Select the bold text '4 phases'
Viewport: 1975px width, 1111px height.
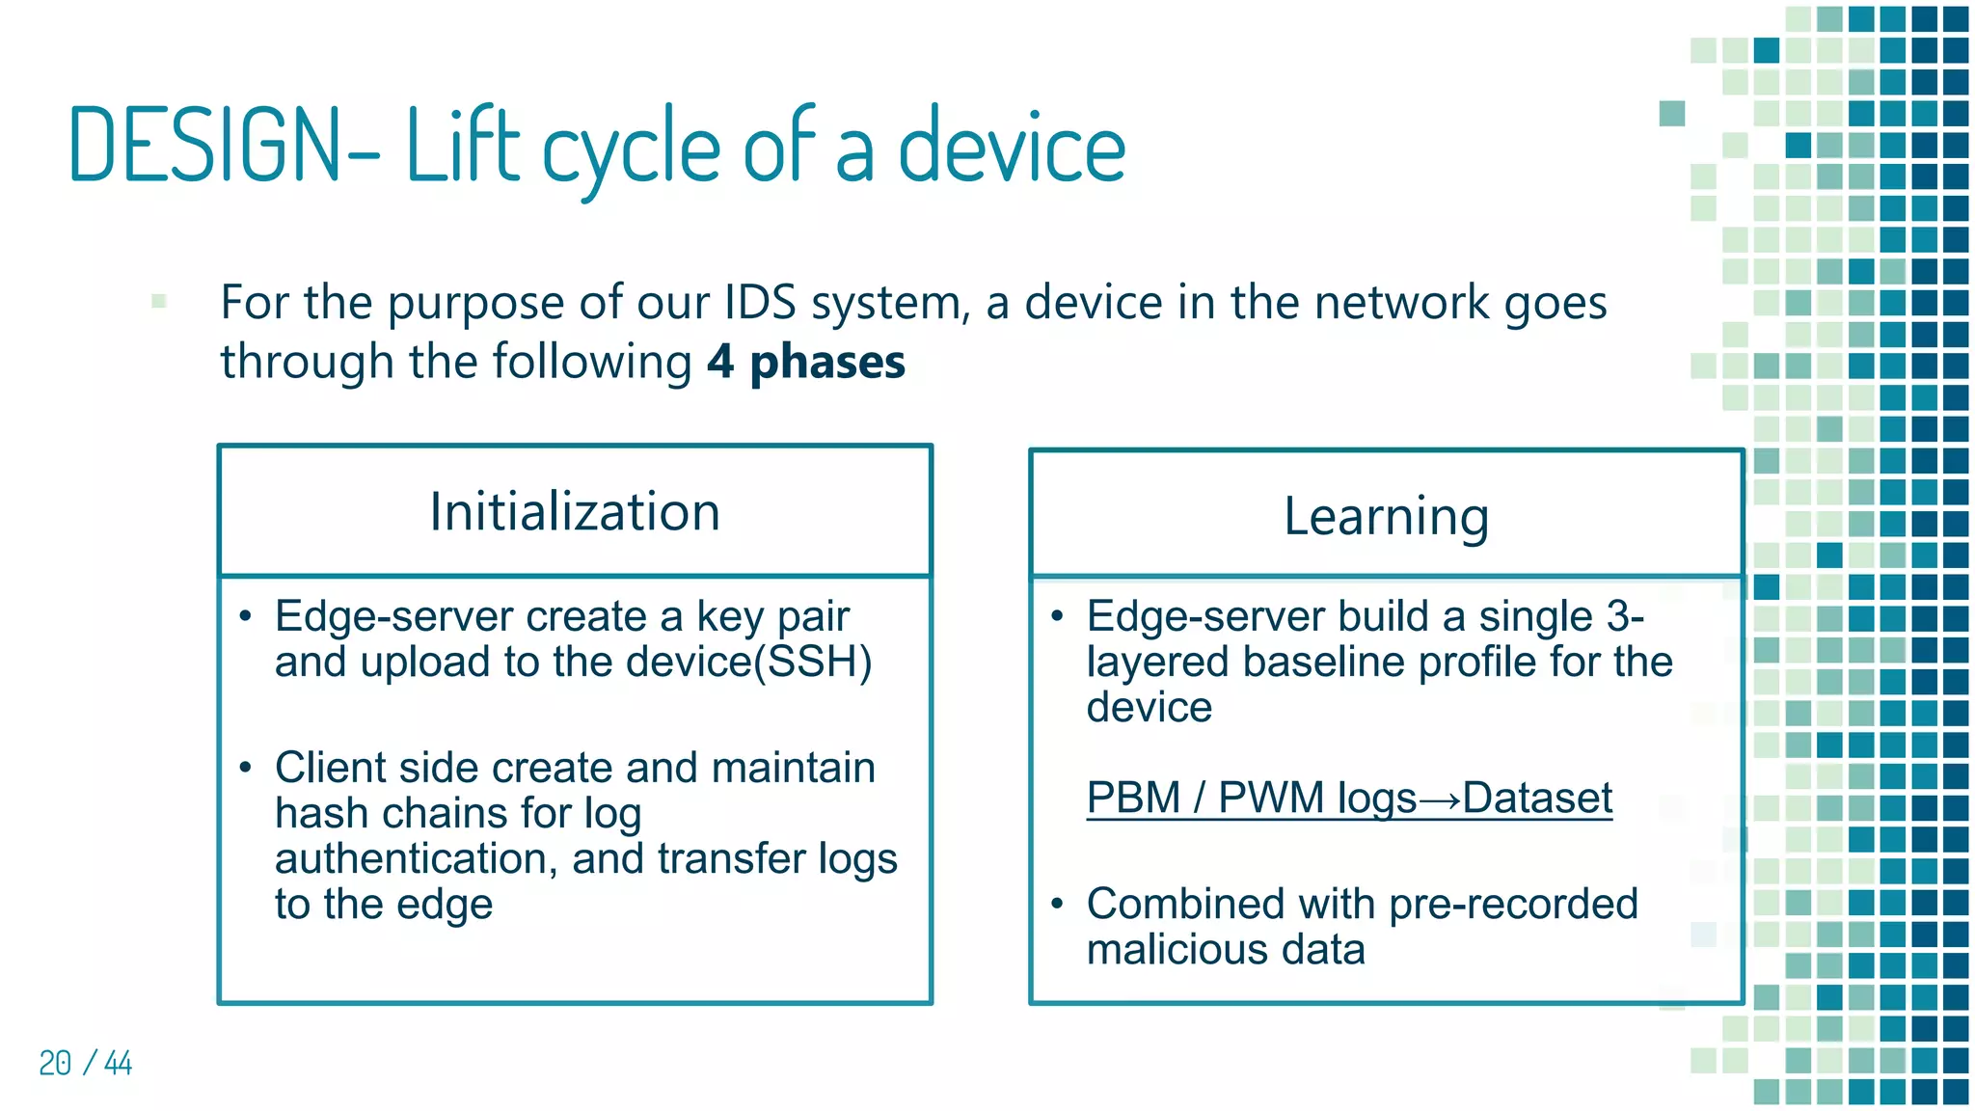pyautogui.click(x=806, y=363)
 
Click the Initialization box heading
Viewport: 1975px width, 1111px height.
pyautogui.click(x=575, y=511)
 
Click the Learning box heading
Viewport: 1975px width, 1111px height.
pyautogui.click(x=1386, y=516)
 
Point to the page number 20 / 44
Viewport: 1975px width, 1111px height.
pyautogui.click(x=85, y=1063)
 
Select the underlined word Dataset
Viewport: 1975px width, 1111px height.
pyautogui.click(x=1537, y=799)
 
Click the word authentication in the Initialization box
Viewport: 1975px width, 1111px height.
pyautogui.click(x=410, y=859)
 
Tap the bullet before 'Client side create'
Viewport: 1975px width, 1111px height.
pyautogui.click(x=246, y=768)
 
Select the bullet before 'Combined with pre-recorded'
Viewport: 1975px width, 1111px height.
pyautogui.click(x=1058, y=905)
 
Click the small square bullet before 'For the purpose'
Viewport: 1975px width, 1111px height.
pyautogui.click(x=159, y=302)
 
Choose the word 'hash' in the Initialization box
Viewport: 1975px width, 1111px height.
pyautogui.click(x=313, y=814)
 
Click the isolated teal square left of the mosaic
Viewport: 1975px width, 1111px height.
pyautogui.click(x=1671, y=114)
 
